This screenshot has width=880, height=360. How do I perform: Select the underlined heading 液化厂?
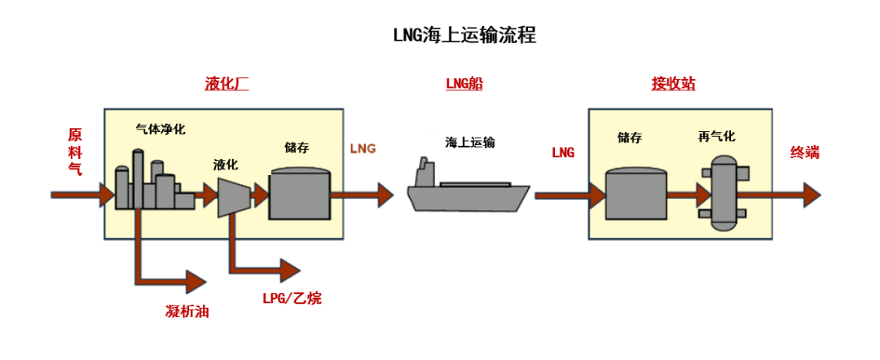point(226,84)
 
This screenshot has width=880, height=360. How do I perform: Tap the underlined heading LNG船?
point(464,84)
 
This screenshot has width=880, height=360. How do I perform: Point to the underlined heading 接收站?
point(673,84)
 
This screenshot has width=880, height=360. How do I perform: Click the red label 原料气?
point(74,151)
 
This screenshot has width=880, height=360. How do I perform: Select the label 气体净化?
point(161,129)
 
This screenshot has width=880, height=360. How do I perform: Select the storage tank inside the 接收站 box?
point(636,193)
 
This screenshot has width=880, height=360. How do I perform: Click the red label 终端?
point(804,152)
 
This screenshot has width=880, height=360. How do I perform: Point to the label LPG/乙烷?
point(292,298)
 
